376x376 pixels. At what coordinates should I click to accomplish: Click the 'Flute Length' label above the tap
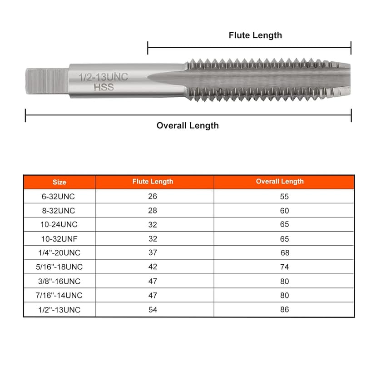tap(255, 35)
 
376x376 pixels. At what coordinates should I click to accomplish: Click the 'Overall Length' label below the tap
tap(188, 125)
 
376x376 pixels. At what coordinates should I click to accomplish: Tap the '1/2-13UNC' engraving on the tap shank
tap(104, 77)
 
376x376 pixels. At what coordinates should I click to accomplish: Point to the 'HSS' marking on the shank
tap(104, 87)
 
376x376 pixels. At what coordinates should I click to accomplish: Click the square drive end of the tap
tap(47, 81)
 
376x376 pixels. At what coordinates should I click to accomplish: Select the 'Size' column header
tap(59, 182)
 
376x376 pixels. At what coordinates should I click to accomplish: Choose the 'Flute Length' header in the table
tap(153, 182)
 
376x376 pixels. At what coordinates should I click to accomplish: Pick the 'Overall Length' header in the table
tap(280, 181)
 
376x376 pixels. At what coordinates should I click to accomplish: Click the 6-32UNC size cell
tap(58, 196)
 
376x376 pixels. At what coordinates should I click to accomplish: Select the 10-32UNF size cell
tap(59, 239)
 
